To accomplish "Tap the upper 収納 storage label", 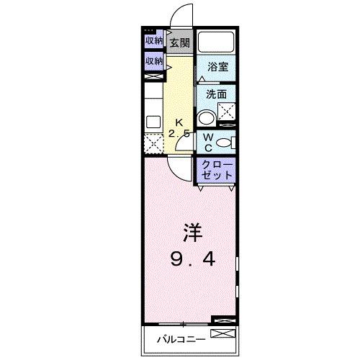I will point(153,41).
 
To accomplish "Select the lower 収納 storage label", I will point(153,62).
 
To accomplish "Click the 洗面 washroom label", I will point(217,94).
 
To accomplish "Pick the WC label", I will point(206,142).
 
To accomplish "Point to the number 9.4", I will point(191,257).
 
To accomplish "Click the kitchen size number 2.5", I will point(181,134).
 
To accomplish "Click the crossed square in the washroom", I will point(228,111).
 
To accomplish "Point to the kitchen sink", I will point(153,120).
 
